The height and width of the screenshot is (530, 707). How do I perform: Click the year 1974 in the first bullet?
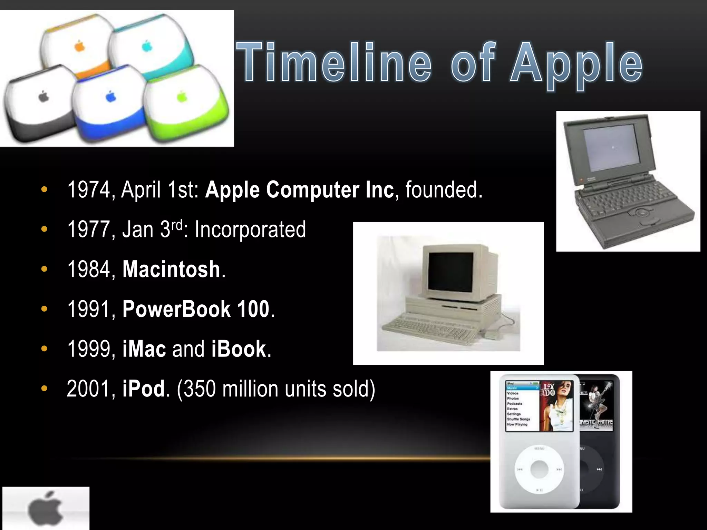coord(88,190)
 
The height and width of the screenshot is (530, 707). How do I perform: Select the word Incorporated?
coord(250,229)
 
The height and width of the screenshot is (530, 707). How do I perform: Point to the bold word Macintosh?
coord(171,269)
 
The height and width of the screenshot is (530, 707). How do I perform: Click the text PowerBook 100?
coord(196,309)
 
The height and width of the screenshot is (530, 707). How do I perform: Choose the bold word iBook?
coord(239,349)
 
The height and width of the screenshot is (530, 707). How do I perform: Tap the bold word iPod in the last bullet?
coord(143,389)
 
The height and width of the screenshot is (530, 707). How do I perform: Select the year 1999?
coord(88,349)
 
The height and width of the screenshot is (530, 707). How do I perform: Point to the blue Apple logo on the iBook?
coord(110,96)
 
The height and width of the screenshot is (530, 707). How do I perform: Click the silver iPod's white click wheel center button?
coord(539,469)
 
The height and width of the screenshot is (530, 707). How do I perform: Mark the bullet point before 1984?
coord(44,269)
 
